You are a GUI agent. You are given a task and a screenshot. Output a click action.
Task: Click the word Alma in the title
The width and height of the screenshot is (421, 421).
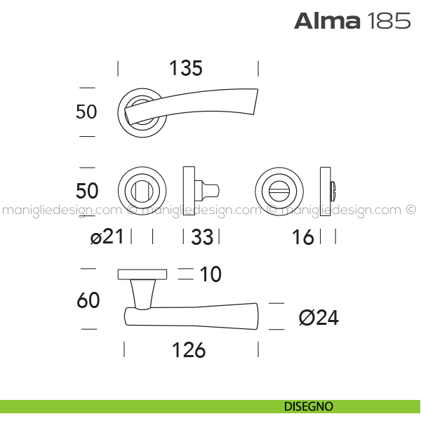(327, 20)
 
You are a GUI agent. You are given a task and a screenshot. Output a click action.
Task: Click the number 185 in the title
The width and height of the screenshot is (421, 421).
(388, 20)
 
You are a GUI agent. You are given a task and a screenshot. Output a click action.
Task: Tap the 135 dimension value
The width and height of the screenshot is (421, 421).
(186, 68)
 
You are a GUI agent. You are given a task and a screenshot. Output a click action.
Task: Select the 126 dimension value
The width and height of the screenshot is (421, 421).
(189, 350)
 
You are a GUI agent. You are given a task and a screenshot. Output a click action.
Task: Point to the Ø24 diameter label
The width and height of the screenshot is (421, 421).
(319, 318)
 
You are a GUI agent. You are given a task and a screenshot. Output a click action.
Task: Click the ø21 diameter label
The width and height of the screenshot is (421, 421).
(107, 236)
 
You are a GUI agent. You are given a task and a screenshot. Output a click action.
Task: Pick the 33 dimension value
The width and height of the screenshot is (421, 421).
(202, 237)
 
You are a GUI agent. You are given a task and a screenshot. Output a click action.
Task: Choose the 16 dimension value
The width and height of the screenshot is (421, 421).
(303, 237)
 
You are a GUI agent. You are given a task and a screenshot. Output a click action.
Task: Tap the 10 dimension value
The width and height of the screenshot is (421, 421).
(210, 274)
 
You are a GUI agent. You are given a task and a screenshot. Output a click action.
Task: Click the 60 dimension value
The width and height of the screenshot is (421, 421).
(88, 300)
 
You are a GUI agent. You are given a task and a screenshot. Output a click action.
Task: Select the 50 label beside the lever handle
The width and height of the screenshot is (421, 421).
(86, 112)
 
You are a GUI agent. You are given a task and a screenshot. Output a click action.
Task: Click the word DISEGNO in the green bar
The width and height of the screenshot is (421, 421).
(309, 406)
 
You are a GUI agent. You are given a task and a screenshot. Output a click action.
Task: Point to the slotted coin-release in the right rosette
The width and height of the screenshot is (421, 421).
(279, 192)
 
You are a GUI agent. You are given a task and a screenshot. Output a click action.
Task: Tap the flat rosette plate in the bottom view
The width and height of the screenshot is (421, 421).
(142, 274)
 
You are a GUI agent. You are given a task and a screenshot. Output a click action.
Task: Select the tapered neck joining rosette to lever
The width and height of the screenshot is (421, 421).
(143, 294)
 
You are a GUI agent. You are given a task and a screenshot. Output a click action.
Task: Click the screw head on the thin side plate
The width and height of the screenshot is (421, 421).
(333, 191)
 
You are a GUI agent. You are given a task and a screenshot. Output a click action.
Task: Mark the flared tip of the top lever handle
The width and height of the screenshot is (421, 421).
(255, 102)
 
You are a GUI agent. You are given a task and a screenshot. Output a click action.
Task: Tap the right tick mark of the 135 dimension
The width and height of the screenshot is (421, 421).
(258, 69)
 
